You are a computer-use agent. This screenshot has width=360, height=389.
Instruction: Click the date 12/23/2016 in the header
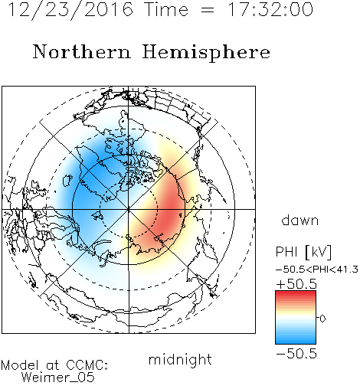pos(70,9)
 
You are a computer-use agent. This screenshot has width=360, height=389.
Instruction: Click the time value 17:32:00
pos(270,9)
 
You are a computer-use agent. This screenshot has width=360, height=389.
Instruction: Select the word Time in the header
pos(166,9)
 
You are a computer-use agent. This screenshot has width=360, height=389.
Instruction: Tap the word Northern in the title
pos(82,51)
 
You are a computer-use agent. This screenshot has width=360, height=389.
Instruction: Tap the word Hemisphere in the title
pos(206,53)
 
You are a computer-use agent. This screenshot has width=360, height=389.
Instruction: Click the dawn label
pos(300,220)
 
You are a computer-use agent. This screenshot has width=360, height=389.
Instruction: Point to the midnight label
pos(180,359)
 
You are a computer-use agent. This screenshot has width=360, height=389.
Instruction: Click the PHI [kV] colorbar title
pos(303,252)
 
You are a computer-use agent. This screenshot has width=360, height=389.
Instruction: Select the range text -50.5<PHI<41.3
pos(316,270)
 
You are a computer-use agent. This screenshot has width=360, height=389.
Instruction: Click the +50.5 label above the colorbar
pos(296,284)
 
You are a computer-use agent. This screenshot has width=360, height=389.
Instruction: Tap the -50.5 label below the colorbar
pos(296,354)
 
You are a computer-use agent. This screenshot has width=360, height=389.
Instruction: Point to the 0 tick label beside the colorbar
pos(322,319)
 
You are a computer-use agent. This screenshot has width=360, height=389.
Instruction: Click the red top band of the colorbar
pos(296,294)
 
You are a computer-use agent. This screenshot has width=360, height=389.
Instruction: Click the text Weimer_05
pos(57,378)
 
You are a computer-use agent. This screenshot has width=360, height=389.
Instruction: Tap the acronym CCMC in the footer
pos(86,365)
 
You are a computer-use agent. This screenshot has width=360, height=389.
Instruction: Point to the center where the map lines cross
pos(129,209)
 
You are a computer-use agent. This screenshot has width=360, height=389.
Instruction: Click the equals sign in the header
pos(208,10)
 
